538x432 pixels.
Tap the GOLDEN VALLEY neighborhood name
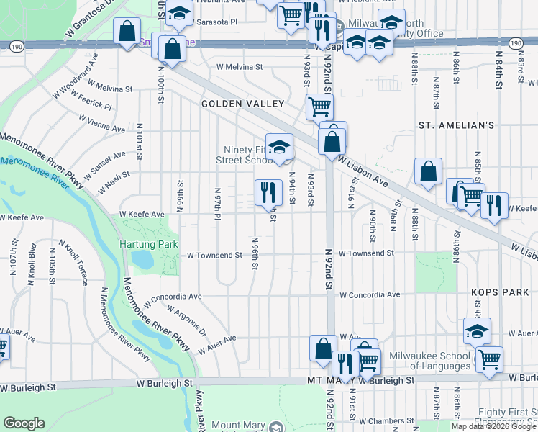coord(242,104)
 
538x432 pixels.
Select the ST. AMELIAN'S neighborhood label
coord(456,125)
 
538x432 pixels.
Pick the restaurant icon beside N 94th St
coord(268,192)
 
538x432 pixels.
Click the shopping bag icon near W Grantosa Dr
coord(127,32)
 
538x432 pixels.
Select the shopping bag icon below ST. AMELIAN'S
coord(428,172)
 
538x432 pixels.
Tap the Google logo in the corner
coord(23,423)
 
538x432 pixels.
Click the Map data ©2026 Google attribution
coord(493,426)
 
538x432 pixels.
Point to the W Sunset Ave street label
coord(104,166)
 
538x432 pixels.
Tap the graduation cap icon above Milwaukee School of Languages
coord(477,330)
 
